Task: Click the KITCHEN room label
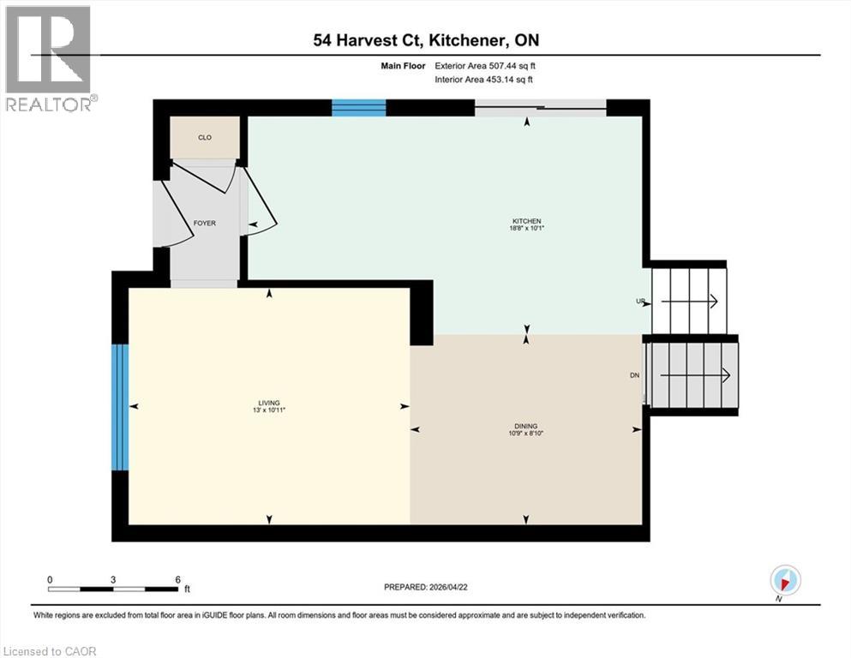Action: (x=527, y=221)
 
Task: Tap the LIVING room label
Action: (x=270, y=403)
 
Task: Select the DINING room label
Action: (x=526, y=426)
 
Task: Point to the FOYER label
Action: (x=204, y=223)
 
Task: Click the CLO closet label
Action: (x=204, y=137)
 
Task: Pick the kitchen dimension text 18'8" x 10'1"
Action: (x=527, y=229)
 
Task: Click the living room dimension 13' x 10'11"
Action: (x=270, y=410)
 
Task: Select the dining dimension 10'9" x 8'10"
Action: (x=526, y=434)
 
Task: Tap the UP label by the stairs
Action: (x=639, y=302)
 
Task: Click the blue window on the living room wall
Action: (x=121, y=407)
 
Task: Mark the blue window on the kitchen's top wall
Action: (x=358, y=108)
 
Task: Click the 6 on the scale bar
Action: (x=177, y=579)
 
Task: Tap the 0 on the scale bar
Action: (x=50, y=579)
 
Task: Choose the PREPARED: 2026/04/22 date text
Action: (x=428, y=587)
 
